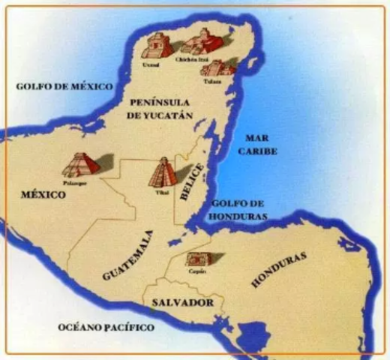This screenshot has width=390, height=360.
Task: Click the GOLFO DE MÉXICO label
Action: click(x=64, y=87)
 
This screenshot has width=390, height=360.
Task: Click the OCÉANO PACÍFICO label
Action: click(x=106, y=328)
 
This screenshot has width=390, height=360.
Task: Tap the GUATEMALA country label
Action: click(x=128, y=256)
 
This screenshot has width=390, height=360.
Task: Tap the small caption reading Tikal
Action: click(x=162, y=191)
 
